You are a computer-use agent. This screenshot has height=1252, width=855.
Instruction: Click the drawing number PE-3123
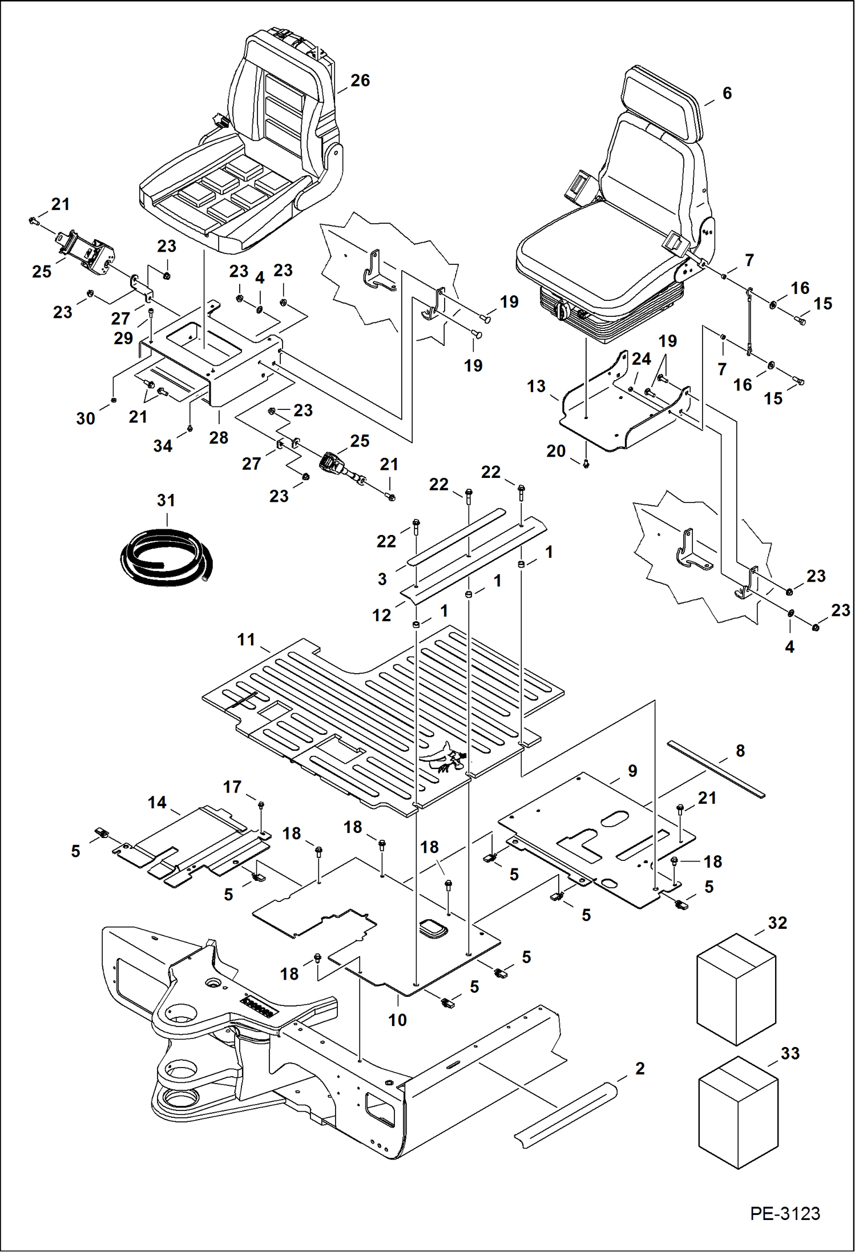coord(785,1213)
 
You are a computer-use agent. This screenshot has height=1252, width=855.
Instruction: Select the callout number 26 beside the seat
coord(360,80)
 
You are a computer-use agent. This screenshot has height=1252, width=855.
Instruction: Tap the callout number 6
coord(727,93)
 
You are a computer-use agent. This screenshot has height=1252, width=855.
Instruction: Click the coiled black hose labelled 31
coord(166,557)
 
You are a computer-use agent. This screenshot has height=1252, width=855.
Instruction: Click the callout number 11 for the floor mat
coord(246,639)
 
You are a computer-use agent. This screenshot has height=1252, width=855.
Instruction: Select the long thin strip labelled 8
coord(716,768)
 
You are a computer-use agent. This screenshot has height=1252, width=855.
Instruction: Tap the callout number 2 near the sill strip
coord(640,1068)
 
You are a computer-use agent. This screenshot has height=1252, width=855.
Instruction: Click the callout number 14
coord(157,803)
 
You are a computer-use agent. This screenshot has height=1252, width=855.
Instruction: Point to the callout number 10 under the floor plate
coord(397,1020)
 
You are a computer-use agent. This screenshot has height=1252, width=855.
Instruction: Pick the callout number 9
coord(632,771)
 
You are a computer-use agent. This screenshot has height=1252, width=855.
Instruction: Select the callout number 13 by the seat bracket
coord(536,387)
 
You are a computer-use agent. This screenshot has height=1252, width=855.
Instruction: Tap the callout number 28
coord(219,438)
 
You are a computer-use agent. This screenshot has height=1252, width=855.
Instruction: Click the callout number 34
coord(163,446)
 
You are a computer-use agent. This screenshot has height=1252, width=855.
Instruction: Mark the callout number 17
coord(232,787)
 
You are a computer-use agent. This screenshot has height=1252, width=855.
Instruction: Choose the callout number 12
coord(382,615)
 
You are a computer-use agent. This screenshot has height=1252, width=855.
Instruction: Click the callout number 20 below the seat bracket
coord(556,451)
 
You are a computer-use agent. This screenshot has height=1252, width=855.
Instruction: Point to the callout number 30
coord(86,418)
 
